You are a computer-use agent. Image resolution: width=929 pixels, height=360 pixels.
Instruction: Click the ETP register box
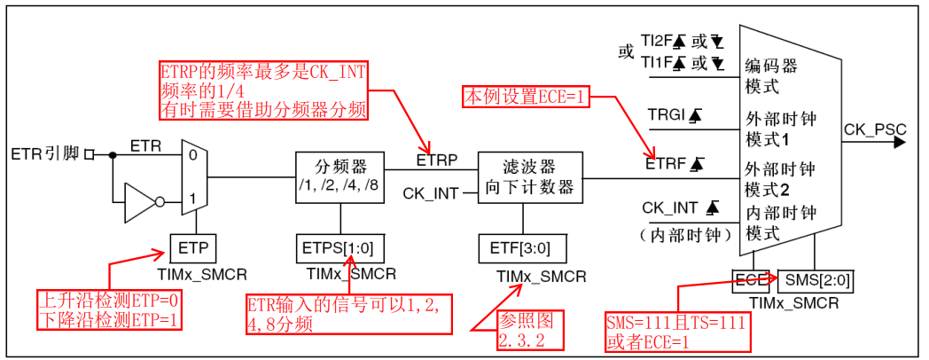tap(191, 247)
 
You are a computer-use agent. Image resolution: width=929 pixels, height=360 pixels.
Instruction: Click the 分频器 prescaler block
tap(340, 176)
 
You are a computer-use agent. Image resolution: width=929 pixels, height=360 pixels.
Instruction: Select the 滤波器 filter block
tap(530, 176)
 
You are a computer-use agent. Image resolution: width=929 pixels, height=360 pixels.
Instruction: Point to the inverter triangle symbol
tap(141, 201)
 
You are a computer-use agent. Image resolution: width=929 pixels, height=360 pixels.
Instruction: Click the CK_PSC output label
tap(874, 130)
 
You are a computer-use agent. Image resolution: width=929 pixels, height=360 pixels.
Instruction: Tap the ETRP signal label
tap(436, 160)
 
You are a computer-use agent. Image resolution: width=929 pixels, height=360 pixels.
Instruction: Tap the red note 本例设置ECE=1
tap(526, 96)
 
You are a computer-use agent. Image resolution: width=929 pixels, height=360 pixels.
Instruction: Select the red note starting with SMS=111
tap(675, 332)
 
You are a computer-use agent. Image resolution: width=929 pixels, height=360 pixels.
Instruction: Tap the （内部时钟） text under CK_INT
tap(683, 234)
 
